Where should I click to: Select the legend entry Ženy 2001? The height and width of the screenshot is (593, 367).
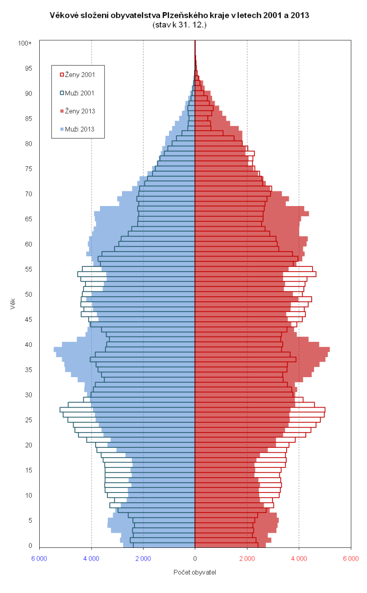(x=80, y=75)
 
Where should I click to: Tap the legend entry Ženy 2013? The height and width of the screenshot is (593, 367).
(x=80, y=111)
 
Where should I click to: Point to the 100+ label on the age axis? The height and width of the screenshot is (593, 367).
(x=25, y=43)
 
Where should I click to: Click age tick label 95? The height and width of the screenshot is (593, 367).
(x=28, y=68)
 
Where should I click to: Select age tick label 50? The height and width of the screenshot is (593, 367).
(x=28, y=294)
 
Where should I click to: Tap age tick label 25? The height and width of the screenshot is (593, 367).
(x=28, y=420)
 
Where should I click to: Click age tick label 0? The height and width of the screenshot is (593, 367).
(x=30, y=545)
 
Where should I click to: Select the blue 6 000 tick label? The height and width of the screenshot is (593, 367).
(x=39, y=559)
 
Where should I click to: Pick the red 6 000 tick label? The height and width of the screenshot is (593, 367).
(x=351, y=559)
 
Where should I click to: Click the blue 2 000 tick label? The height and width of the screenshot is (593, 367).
(x=143, y=559)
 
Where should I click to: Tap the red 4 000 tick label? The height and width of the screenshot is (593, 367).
(x=299, y=559)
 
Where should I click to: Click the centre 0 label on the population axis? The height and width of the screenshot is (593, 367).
(x=195, y=559)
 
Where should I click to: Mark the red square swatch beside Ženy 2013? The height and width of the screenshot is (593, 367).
(x=62, y=111)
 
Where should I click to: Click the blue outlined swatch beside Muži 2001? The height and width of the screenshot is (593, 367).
(x=62, y=93)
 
